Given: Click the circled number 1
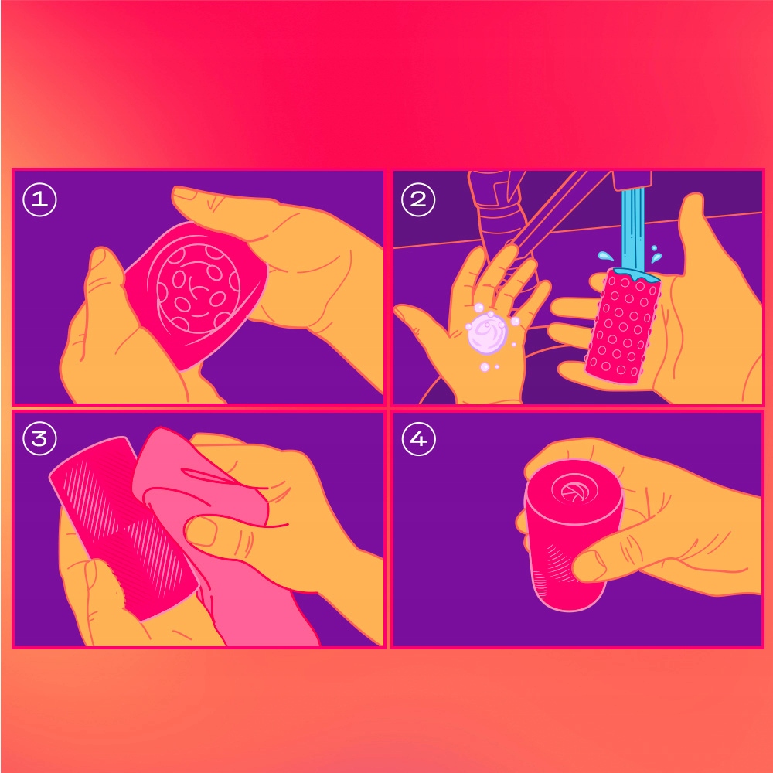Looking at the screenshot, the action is [x=40, y=199].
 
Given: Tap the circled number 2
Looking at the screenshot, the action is [x=418, y=199].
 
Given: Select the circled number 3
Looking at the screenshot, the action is [x=40, y=439].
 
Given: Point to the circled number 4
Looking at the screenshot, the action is [x=418, y=439].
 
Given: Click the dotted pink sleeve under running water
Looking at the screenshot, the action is [x=622, y=326].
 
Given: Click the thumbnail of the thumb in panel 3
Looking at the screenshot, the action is [x=202, y=532].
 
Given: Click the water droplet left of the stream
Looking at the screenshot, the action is [x=605, y=256].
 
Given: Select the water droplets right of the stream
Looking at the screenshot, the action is [x=655, y=254].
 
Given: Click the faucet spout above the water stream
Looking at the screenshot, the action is [x=632, y=179].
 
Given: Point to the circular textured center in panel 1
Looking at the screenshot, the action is [x=198, y=288].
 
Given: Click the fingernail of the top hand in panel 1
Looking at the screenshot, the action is [x=185, y=194].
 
